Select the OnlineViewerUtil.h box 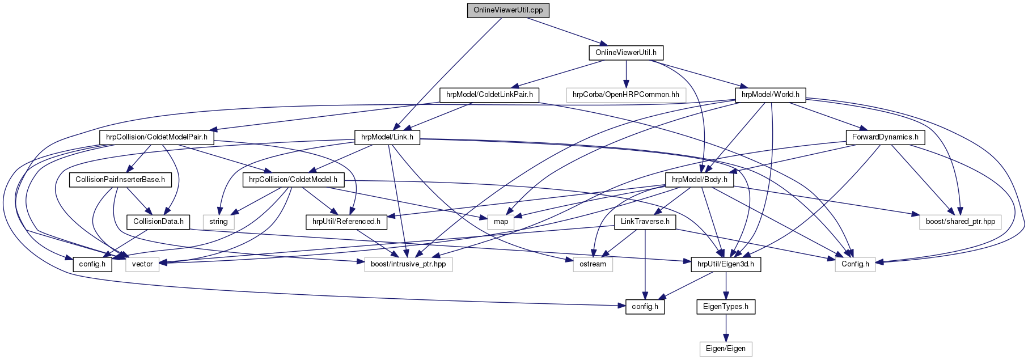point(625,53)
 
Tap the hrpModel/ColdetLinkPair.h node point(489,95)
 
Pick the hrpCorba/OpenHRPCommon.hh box point(625,95)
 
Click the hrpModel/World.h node point(770,95)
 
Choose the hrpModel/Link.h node point(387,137)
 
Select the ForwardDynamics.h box point(885,137)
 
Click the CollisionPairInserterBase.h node point(120,180)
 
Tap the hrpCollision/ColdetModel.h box point(293,180)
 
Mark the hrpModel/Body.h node point(699,180)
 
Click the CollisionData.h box point(158,222)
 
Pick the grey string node point(218,222)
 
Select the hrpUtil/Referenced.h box point(346,222)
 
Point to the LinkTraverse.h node point(645,222)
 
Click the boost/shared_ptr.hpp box point(960,222)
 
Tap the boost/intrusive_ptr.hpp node point(408,264)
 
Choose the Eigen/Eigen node point(725,349)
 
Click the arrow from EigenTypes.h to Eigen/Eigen point(726,328)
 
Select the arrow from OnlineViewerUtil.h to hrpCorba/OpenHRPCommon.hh point(626,74)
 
